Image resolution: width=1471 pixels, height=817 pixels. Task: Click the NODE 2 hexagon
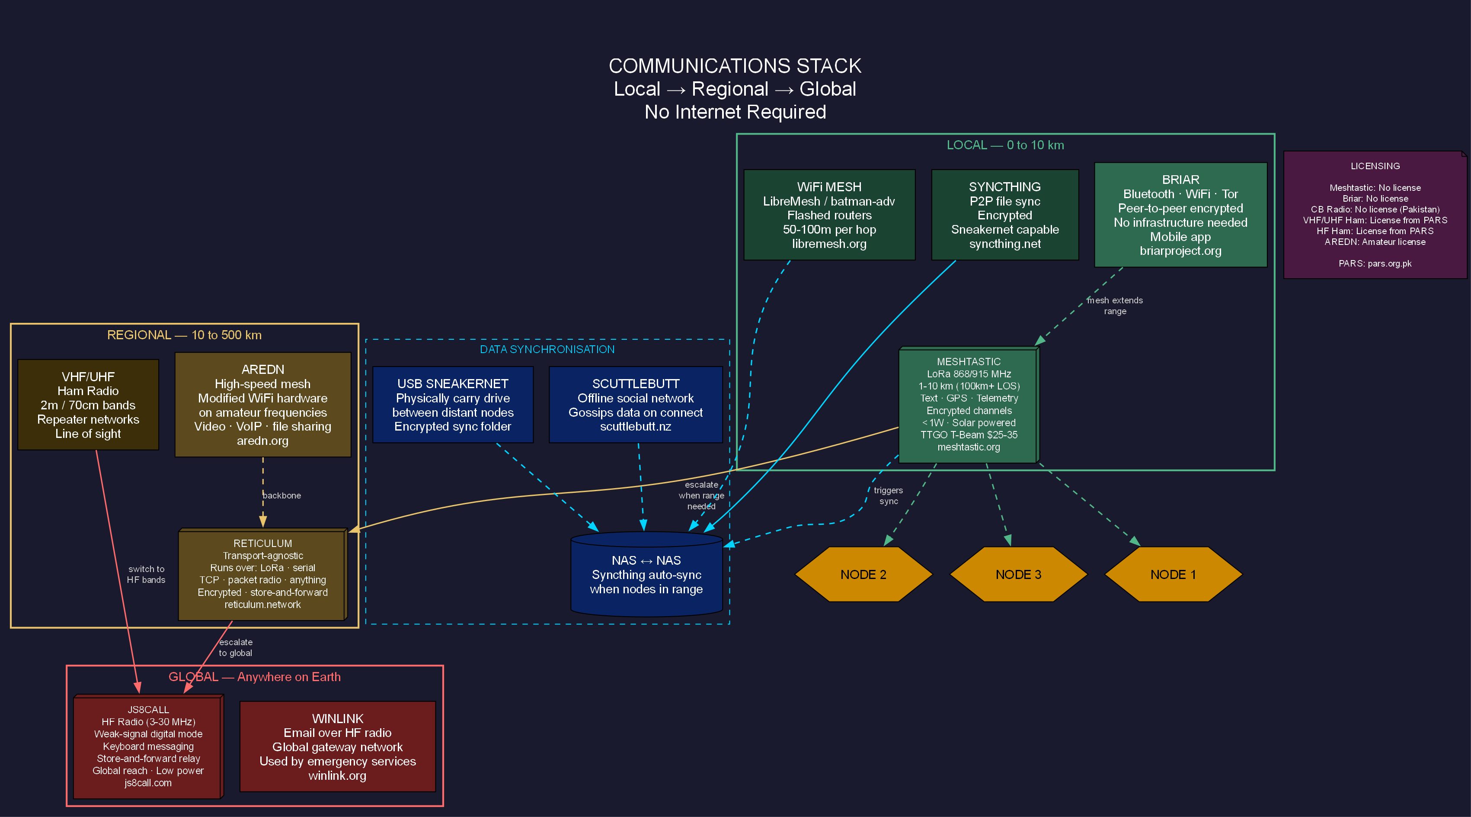click(x=863, y=574)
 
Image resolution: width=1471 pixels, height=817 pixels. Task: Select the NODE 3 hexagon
click(x=1018, y=574)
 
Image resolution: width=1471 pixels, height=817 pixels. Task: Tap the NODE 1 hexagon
click(x=1173, y=574)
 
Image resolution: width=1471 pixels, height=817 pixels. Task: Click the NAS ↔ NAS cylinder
click(x=646, y=575)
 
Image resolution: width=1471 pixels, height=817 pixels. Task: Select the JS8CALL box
click(x=148, y=746)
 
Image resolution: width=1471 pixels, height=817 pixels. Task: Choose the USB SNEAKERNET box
click(x=452, y=405)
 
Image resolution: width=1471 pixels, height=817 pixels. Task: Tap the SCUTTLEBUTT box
click(x=635, y=405)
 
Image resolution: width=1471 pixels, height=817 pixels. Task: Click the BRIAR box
click(x=1180, y=215)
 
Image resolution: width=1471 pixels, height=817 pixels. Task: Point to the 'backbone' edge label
click(x=281, y=495)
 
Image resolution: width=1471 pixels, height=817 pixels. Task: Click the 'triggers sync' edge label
click(x=888, y=495)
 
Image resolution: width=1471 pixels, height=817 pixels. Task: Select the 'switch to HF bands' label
click(x=146, y=574)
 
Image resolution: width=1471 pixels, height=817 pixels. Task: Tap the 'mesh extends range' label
click(x=1115, y=306)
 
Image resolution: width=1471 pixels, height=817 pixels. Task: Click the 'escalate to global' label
click(x=235, y=647)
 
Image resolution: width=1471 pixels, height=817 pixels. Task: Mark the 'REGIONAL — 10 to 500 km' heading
click(x=185, y=335)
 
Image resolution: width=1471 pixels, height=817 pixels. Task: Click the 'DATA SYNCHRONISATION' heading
click(x=547, y=349)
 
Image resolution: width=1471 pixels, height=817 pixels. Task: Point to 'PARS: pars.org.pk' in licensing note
click(x=1375, y=264)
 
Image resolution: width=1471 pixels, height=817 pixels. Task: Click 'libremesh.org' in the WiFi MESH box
click(x=829, y=244)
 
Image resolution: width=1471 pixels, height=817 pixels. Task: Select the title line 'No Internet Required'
click(x=735, y=112)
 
